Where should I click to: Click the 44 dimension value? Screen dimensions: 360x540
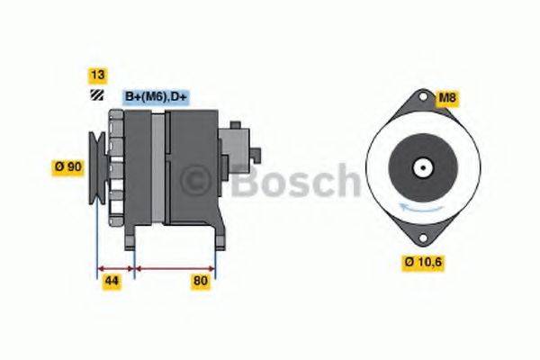coord(113,282)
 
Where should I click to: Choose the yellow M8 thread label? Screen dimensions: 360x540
coord(446,98)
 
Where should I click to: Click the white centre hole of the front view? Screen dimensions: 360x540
coord(421,168)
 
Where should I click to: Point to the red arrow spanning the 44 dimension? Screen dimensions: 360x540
coord(114,267)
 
